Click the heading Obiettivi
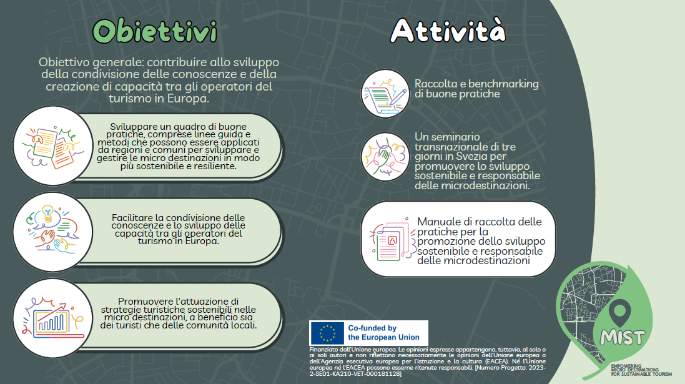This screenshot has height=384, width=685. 155,31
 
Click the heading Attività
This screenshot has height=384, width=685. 448,29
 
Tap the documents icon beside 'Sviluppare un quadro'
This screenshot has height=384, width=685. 51,146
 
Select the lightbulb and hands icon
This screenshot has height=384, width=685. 51,230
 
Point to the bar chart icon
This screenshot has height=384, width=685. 51,315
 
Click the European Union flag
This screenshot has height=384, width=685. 327,332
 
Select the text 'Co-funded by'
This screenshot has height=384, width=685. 372,328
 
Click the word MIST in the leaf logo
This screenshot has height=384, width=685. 622,337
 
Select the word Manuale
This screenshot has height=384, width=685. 438,222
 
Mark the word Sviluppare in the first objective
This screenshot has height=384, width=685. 134,126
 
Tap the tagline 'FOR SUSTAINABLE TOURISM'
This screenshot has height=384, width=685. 641,374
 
